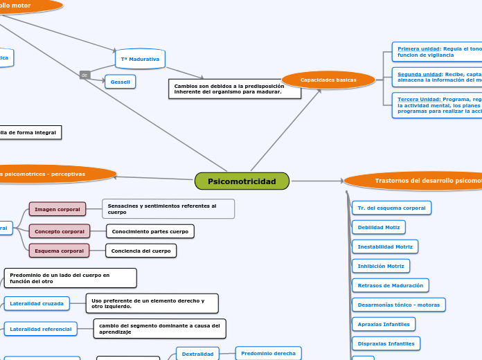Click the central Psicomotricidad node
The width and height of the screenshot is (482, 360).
click(242, 181)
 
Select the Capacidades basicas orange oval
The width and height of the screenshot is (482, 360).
click(328, 80)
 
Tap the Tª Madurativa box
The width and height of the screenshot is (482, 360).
click(140, 60)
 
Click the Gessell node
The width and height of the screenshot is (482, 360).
click(120, 82)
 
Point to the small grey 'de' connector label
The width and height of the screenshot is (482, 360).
click(84, 75)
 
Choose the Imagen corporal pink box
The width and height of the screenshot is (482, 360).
click(57, 209)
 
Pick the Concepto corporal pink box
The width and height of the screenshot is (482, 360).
click(60, 231)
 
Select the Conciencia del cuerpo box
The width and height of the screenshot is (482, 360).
click(141, 251)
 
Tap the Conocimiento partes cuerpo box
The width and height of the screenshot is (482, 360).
click(150, 231)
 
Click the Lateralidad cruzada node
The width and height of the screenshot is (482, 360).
click(37, 303)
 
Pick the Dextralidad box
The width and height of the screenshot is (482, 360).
click(197, 354)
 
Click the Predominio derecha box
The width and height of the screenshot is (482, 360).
click(268, 353)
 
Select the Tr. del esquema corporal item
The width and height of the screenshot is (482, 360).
click(391, 208)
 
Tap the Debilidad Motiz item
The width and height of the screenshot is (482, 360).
click(378, 227)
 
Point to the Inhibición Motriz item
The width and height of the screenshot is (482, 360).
click(381, 266)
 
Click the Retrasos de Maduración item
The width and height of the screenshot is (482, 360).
click(390, 285)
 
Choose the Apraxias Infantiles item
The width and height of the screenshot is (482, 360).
click(383, 324)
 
